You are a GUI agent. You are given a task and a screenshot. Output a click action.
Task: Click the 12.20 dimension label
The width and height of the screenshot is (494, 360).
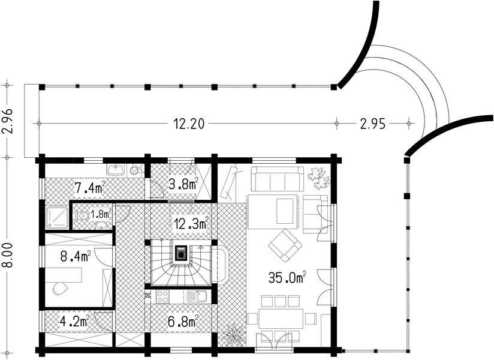coord(189,124)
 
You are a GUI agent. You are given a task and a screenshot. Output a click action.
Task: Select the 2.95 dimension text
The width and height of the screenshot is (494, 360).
coord(372,124)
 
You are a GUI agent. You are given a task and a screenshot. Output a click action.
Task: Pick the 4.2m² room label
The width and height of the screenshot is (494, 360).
coord(76,320)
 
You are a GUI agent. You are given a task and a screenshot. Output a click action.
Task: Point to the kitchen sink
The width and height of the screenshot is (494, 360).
coord(196,296)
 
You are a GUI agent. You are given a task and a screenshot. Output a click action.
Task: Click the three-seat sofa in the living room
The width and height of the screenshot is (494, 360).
coord(276,179)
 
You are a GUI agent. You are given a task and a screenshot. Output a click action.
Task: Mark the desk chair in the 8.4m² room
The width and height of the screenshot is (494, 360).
coord(59,289)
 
